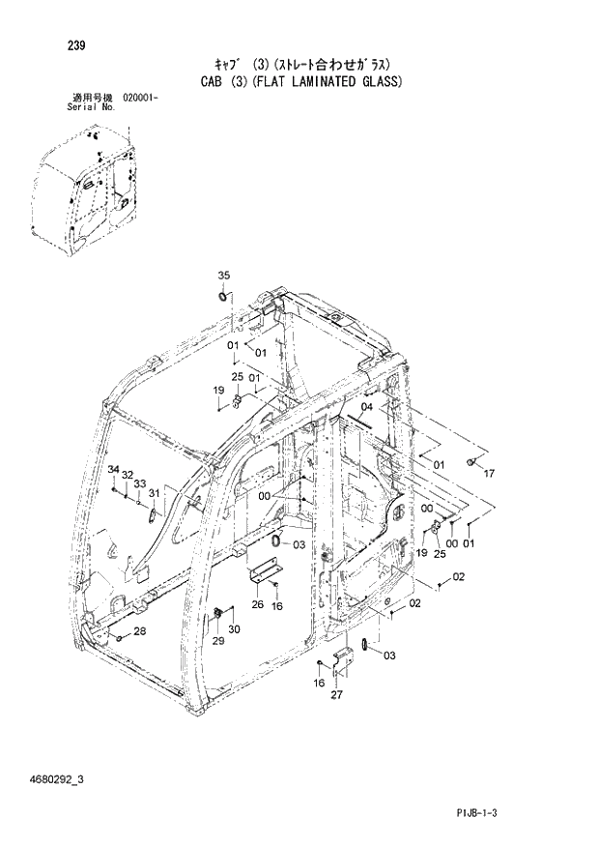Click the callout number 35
click(x=223, y=276)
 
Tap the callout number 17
click(x=489, y=474)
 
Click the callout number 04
click(x=366, y=407)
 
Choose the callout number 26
click(x=257, y=605)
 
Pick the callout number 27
click(x=336, y=694)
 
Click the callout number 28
click(x=140, y=631)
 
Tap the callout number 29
click(x=218, y=640)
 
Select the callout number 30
click(x=234, y=630)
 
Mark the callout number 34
click(x=113, y=470)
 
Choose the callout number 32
click(x=127, y=476)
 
